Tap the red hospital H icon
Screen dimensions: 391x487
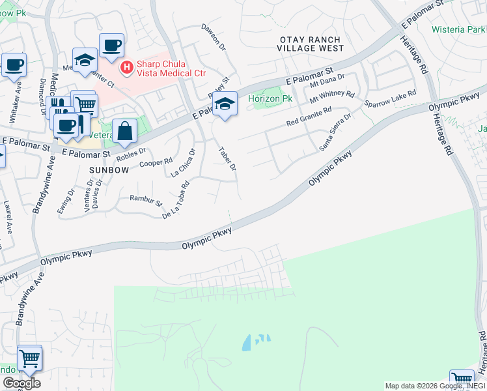126,66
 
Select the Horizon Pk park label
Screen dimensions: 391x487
269,98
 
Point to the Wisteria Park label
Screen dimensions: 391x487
458,29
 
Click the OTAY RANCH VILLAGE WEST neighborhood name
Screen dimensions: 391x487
310,44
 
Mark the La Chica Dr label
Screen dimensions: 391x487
183,163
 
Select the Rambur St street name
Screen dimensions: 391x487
146,200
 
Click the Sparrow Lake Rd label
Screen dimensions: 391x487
389,99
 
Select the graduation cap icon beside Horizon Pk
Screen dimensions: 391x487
225,104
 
